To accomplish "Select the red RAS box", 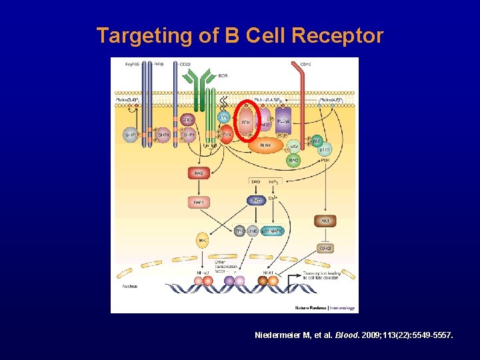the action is [x=198, y=173].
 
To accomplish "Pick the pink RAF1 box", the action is [x=198, y=200].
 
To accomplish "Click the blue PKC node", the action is [x=255, y=199].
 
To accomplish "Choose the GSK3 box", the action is [x=326, y=248].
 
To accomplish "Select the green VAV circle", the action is [x=294, y=147].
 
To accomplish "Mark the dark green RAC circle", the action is [x=294, y=160].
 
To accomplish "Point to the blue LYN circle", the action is [x=225, y=117].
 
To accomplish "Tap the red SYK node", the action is [x=227, y=135].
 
